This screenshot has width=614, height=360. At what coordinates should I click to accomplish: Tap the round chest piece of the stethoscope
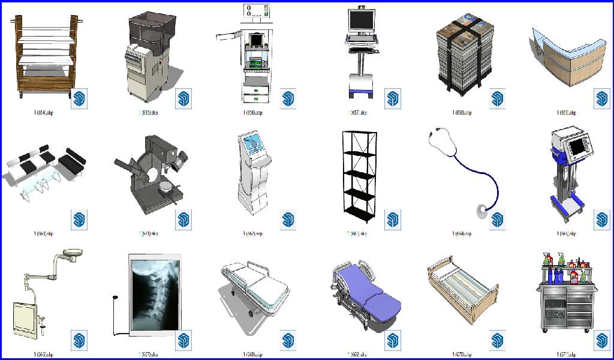(x=481, y=210)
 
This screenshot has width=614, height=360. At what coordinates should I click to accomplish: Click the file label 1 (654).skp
(x=44, y=113)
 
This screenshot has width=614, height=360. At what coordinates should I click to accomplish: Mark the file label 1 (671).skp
(x=565, y=354)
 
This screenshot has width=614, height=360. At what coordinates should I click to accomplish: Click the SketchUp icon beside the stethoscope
(x=497, y=220)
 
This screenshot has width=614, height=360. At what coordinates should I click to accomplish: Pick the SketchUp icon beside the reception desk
(x=601, y=98)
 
